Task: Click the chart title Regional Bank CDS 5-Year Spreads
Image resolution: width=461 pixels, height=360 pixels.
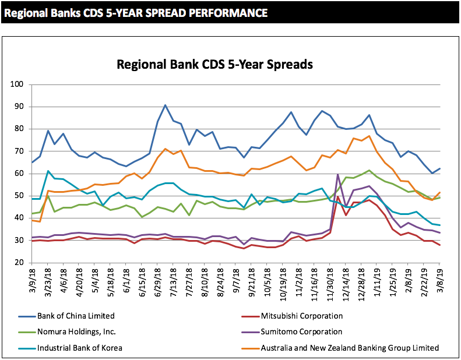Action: [215, 64]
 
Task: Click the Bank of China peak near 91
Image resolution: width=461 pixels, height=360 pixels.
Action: [166, 105]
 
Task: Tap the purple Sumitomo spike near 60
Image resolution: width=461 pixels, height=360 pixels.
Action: [338, 174]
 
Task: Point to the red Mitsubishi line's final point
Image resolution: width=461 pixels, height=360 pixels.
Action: [439, 245]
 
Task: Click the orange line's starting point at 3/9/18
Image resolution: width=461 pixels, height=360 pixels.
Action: [31, 220]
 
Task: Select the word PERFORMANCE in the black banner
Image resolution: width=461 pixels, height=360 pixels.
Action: [223, 12]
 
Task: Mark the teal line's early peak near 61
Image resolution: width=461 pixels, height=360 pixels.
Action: [48, 171]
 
